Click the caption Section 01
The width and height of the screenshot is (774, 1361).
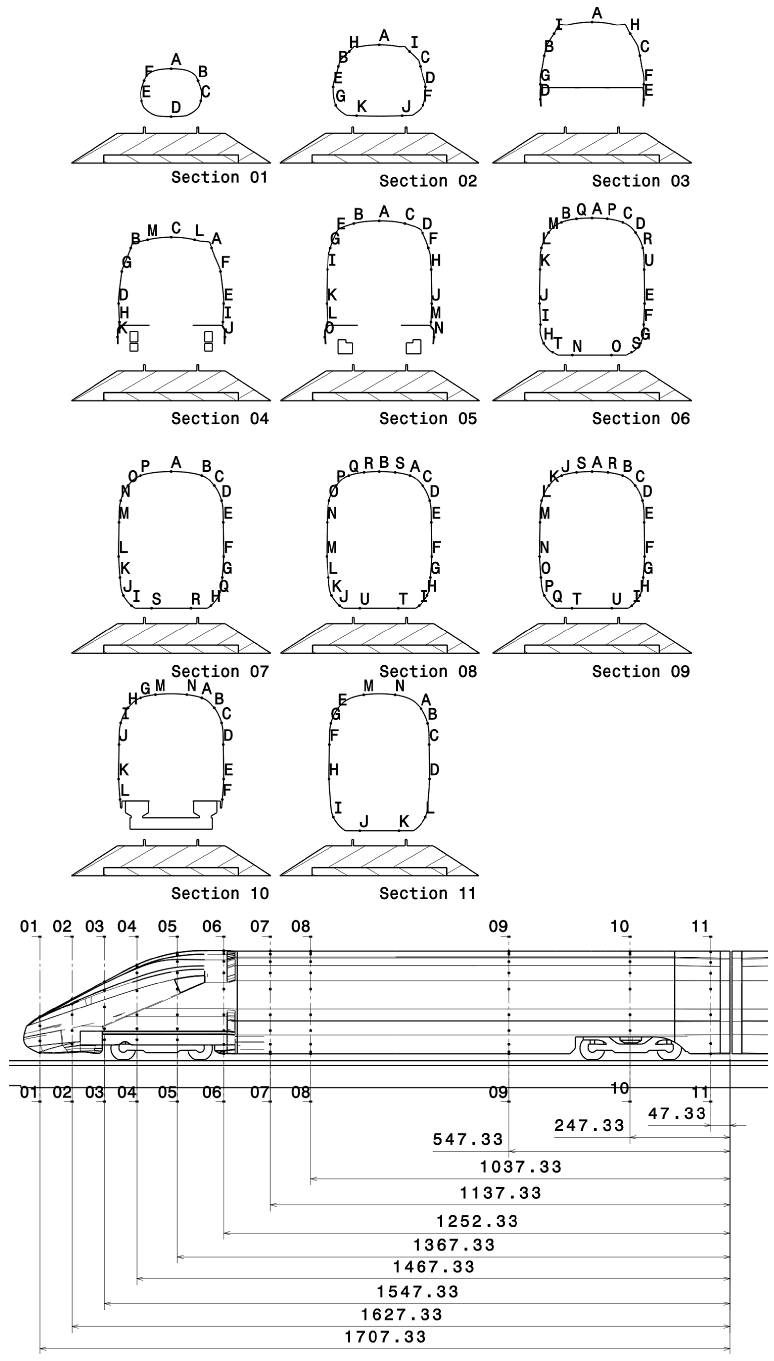[219, 177]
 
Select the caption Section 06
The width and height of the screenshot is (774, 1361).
[641, 419]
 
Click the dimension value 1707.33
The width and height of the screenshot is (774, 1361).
[385, 1336]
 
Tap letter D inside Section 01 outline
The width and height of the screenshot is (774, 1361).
[175, 107]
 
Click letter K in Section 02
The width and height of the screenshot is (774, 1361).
[361, 106]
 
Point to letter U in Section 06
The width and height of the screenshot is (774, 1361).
[649, 261]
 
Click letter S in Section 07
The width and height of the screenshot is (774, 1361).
[156, 599]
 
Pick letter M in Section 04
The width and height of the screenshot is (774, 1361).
[153, 231]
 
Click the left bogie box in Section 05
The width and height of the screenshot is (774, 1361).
[345, 347]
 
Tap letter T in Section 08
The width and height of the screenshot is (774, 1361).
[403, 599]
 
